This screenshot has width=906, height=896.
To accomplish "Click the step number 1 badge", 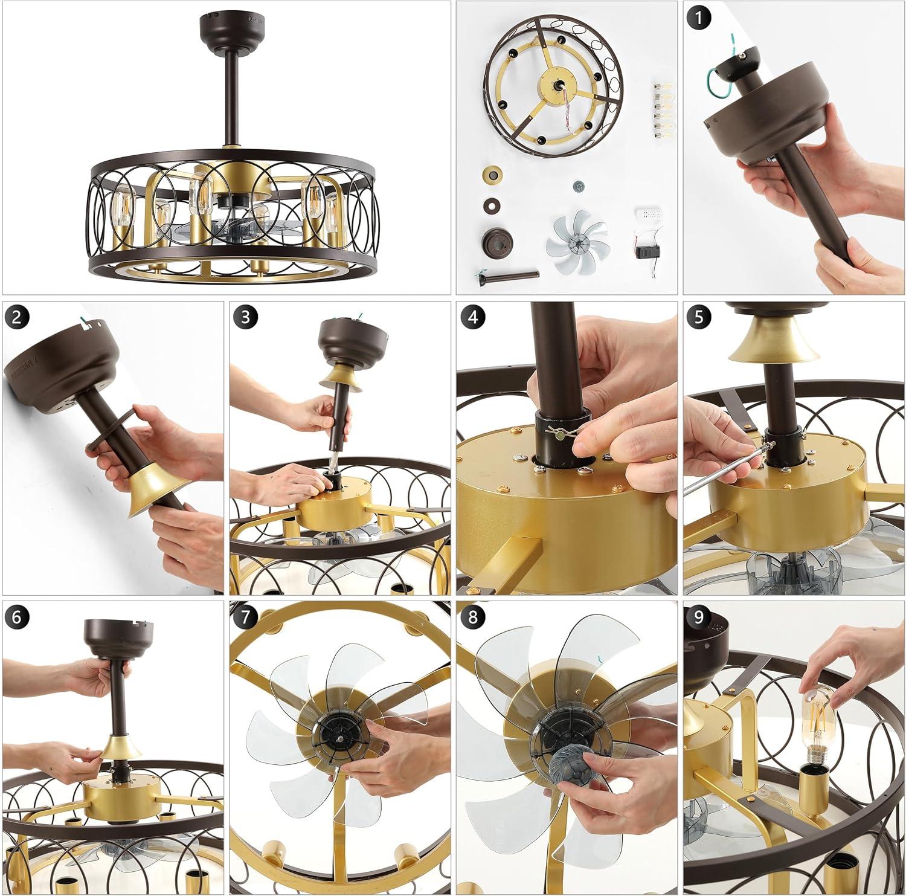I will pos(699,18).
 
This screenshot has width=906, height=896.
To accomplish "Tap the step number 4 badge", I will pos(472,317).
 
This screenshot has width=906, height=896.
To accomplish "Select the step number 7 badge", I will pos(245,617).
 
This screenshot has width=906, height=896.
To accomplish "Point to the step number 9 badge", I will pos(699,617).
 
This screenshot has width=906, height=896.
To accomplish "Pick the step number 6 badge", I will pos(18,617).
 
